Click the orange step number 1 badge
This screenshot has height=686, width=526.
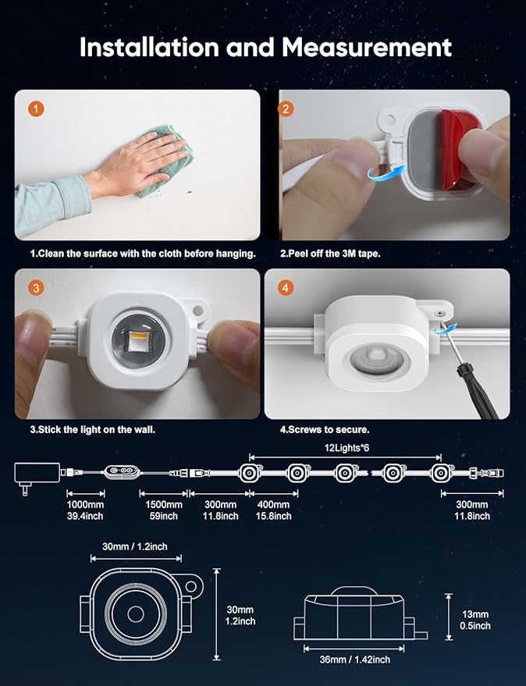click(37, 108)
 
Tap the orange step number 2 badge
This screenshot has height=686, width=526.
click(286, 108)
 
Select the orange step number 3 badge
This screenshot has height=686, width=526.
click(37, 287)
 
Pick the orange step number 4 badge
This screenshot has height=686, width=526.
click(286, 287)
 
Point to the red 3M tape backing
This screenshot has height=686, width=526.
click(460, 149)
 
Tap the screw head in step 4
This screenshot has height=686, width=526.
click(440, 313)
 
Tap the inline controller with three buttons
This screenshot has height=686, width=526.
click(122, 471)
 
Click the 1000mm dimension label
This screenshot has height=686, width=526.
click(85, 504)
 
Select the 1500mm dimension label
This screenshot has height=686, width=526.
click(164, 504)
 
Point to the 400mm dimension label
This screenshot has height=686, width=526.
click(273, 504)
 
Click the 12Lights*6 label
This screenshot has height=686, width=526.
click(347, 447)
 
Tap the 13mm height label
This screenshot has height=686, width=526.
click(475, 614)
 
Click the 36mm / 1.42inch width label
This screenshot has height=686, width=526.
click(354, 659)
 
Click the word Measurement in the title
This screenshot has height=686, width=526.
click(367, 48)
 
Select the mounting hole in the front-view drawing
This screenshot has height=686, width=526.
click(190, 586)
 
